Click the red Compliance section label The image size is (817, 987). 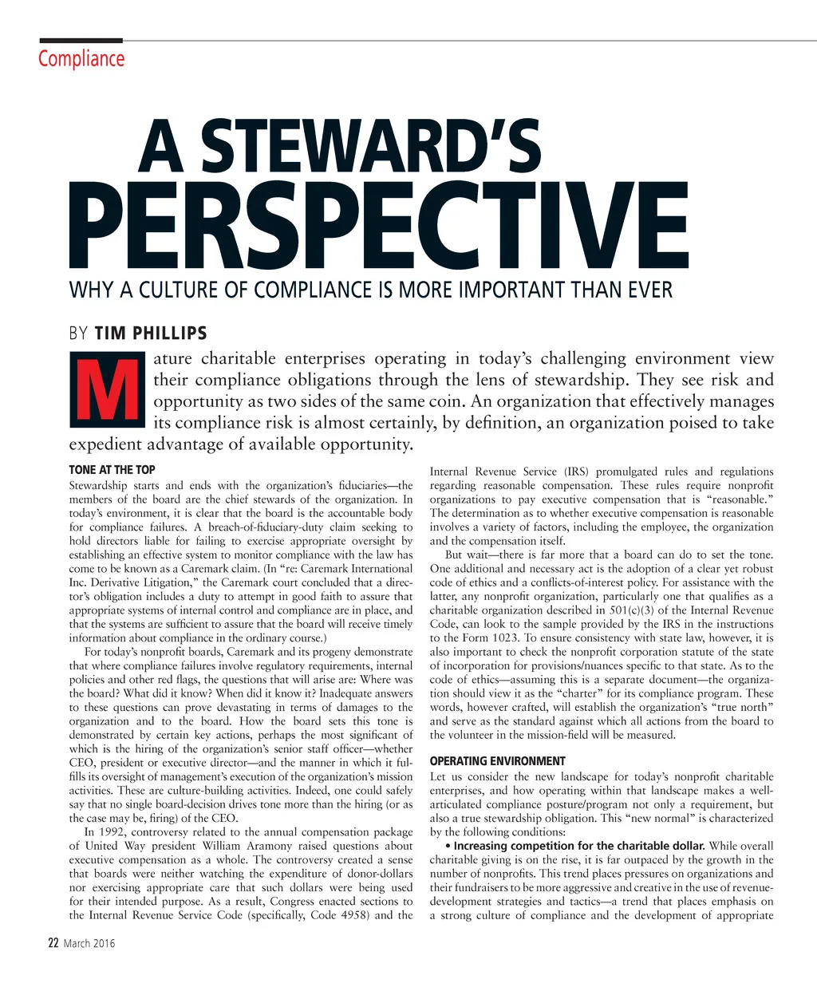(x=81, y=59)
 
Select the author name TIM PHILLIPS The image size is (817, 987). (x=151, y=334)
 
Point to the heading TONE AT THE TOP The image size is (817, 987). (x=112, y=470)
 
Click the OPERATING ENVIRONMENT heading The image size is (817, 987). (x=497, y=761)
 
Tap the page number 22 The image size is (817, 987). (x=53, y=943)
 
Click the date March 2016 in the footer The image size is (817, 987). (x=89, y=943)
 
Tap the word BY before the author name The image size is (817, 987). (x=78, y=334)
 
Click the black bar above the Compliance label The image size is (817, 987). (x=81, y=40)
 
